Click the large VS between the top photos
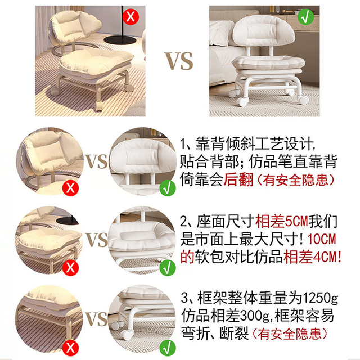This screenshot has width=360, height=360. pos(178,60)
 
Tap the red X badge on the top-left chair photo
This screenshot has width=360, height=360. pos(130,16)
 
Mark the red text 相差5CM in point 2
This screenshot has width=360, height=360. pos(273,219)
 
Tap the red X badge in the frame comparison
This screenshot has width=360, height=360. pos(71,345)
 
